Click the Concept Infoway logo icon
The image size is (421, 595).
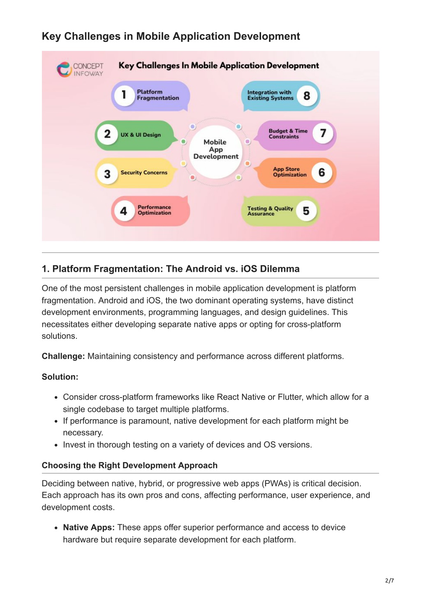64,69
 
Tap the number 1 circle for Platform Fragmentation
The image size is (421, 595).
124,95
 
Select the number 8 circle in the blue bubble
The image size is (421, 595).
307,96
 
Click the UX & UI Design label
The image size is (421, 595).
141,135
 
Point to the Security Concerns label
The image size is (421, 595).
144,172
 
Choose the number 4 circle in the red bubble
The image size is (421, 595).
124,211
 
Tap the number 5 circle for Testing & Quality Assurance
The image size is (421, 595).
306,211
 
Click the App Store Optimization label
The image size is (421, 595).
289,172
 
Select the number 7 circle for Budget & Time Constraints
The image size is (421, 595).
323,133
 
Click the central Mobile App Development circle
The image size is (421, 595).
216,152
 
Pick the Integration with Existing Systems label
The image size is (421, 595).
270,95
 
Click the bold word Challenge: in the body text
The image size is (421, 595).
63,356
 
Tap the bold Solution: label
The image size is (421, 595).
60,377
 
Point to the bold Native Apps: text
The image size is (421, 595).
89,527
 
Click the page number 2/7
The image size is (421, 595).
390,580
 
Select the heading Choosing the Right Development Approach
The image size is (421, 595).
130,465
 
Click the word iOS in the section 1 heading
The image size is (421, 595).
249,269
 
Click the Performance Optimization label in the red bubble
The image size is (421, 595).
154,210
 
